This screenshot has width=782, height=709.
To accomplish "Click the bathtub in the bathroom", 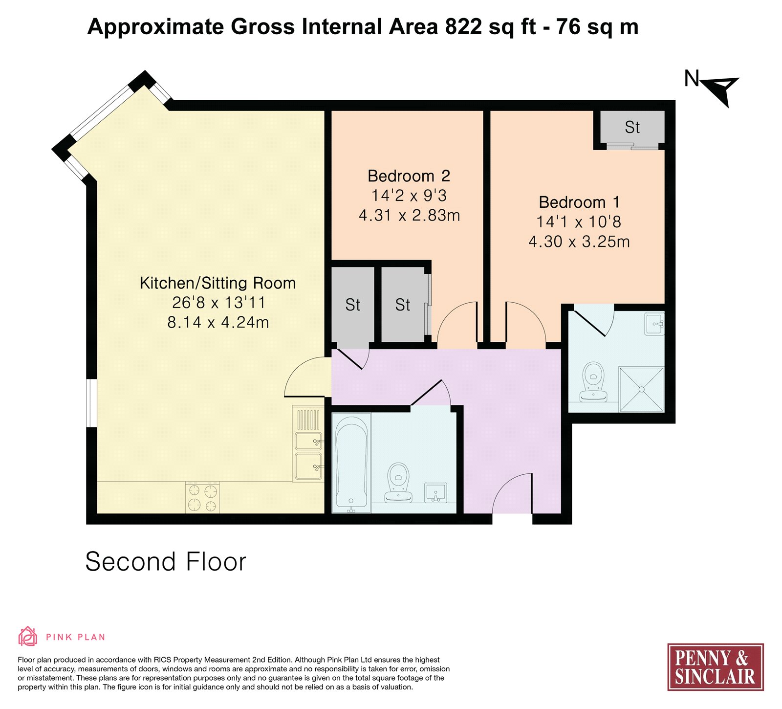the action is pos(351,463).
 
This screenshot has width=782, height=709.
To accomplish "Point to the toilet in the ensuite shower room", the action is pos(593,382).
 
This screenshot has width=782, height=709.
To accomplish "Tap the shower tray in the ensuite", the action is pos(641,389).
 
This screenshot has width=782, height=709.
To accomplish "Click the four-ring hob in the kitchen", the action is pos(202,497).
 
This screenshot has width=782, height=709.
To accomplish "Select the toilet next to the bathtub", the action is pos(398,483).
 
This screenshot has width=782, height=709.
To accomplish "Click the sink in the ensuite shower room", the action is pos(654,324).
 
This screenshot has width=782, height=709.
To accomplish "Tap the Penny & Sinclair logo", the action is pos(716,667).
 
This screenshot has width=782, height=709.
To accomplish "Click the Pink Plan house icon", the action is pos(28,637).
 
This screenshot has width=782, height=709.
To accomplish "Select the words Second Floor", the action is pos(166,561).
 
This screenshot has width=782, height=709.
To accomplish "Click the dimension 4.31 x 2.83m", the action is pos(410,215).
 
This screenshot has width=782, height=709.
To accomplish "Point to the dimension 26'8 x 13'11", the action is pos(218,303).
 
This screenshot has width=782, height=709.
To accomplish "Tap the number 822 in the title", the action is pos(464,26).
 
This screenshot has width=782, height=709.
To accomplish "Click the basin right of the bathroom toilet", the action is pos(435,492).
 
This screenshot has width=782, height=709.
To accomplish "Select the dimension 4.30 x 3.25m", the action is pos(579,242).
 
